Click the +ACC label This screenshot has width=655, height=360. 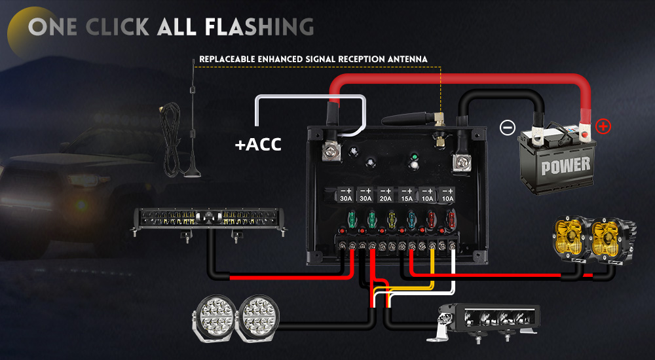point(258,144)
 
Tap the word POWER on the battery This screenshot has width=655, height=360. point(565,166)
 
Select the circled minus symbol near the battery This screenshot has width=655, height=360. point(507,128)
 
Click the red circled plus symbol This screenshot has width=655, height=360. point(603,126)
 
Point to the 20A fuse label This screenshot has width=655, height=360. point(386,198)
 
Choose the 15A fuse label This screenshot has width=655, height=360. point(407,198)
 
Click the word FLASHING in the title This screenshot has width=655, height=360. point(259,27)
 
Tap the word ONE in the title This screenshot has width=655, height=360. point(52,27)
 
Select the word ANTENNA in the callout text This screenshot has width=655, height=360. point(407,59)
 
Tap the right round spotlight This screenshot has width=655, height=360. point(261,318)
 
